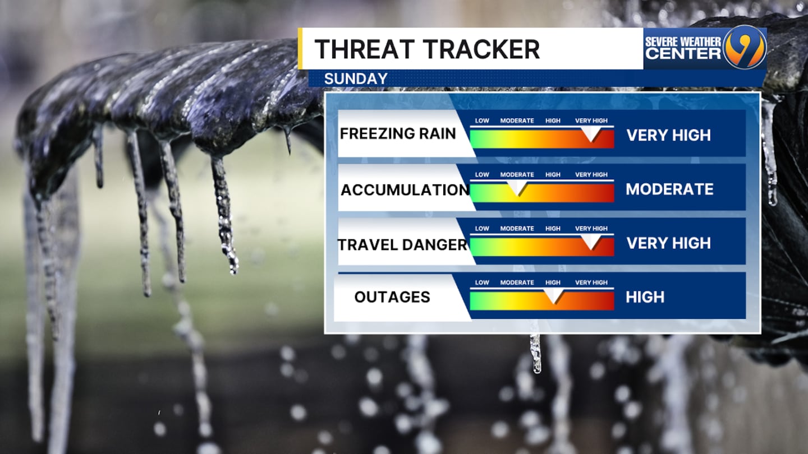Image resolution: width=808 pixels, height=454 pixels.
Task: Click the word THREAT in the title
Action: tap(364, 49)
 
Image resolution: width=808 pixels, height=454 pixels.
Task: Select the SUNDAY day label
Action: tap(356, 79)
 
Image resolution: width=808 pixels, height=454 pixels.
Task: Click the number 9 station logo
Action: tap(745, 47)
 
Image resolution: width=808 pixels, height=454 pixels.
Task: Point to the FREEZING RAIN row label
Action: tap(398, 133)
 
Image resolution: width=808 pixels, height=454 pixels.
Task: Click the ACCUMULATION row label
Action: tap(405, 190)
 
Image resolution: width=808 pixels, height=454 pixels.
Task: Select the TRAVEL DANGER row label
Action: tap(402, 245)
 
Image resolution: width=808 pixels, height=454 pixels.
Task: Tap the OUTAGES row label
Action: tap(392, 297)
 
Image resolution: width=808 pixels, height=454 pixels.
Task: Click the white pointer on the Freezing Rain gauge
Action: tap(591, 133)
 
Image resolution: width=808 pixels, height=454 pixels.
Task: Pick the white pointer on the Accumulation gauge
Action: tap(517, 187)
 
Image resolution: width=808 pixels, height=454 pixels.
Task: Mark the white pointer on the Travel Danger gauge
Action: tap(591, 242)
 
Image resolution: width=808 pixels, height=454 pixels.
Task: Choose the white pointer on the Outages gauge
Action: tap(554, 295)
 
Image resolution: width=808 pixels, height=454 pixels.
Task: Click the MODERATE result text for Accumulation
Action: tap(669, 189)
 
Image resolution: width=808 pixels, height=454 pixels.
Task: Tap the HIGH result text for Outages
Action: tap(645, 297)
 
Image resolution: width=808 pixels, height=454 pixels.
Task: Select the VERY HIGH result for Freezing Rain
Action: tap(668, 135)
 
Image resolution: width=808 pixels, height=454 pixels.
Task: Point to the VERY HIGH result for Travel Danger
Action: tap(668, 243)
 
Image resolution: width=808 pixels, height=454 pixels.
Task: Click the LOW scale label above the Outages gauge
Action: tap(482, 282)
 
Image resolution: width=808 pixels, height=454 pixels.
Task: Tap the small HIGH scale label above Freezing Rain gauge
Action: tap(553, 121)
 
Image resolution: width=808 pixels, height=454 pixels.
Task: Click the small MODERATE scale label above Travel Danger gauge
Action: tap(517, 229)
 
